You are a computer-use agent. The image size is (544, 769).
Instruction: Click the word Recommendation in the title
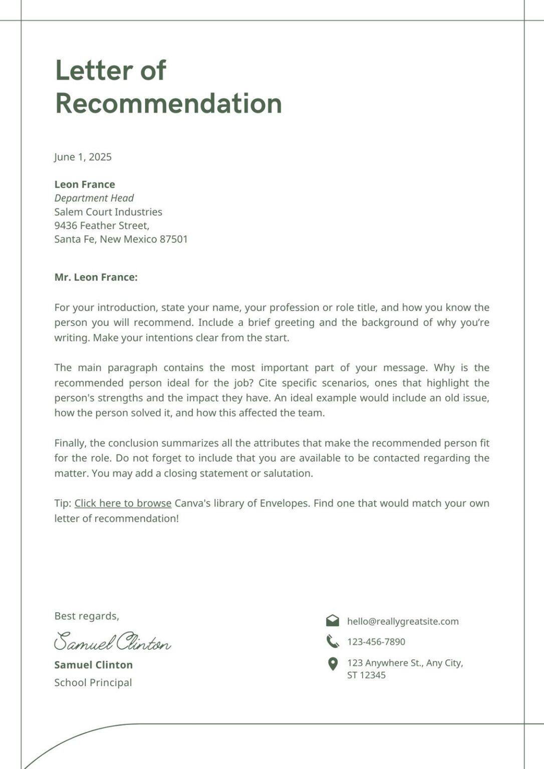(168, 104)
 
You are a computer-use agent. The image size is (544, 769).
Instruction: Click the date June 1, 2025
(83, 157)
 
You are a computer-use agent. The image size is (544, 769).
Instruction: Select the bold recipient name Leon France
(85, 185)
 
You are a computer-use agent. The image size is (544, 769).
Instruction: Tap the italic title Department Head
(94, 198)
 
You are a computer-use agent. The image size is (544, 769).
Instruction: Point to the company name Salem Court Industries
(108, 212)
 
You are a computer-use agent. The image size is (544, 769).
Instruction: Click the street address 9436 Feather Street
(102, 225)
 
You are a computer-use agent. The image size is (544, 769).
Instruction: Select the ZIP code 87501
(173, 239)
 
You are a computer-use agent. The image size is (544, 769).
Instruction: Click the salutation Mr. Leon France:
(96, 277)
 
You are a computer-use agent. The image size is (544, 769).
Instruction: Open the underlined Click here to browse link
(123, 503)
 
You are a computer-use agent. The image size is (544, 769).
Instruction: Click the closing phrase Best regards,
(87, 616)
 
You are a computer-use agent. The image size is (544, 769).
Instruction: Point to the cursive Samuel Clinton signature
(112, 642)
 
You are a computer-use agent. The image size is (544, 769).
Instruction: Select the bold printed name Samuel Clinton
(93, 665)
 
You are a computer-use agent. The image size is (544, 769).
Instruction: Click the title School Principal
(93, 682)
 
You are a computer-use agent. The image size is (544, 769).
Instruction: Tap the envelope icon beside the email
(332, 621)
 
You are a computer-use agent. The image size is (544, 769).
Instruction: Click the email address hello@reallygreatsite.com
(403, 621)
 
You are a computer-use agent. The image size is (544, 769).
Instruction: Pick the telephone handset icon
(332, 641)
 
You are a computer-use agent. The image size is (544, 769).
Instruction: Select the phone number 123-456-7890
(376, 642)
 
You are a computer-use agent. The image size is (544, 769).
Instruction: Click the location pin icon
(332, 664)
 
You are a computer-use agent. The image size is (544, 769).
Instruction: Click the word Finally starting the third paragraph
(71, 443)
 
